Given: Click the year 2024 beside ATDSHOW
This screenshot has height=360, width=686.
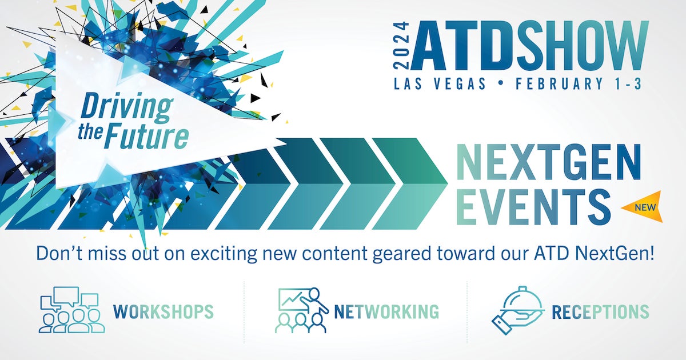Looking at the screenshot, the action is tap(401, 45).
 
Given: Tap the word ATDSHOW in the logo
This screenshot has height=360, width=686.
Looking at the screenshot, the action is tap(530, 45).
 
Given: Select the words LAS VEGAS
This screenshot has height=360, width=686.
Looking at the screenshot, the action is tap(440, 83).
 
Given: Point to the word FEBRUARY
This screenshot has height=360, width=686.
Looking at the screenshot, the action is tap(555, 83).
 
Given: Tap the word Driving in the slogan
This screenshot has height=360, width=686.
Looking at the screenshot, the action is tap(126, 109).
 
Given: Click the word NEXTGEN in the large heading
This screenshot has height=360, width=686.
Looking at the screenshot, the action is tap(548, 162).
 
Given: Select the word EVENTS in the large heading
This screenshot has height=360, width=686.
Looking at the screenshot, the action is tap(533, 207).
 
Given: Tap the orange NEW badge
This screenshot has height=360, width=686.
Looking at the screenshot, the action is tap(644, 207).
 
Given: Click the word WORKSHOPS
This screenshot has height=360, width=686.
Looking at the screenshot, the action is tap(163, 311).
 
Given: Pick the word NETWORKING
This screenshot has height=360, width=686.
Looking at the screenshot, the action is tap(386, 311).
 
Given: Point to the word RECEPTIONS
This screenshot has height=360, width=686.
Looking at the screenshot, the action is tap(600, 311).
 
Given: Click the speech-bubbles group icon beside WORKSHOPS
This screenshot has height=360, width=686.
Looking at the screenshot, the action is tap(71, 310).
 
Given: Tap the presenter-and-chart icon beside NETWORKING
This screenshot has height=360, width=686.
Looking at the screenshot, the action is tap(302, 310).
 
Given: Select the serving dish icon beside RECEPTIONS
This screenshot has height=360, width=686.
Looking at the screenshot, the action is tap(518, 310).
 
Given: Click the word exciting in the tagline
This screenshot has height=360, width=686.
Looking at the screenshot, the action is tap(224, 254).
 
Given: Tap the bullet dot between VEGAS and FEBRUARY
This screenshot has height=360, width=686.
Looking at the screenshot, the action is tap(501, 83).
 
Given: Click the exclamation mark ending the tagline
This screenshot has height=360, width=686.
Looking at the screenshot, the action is tap(651, 253).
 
